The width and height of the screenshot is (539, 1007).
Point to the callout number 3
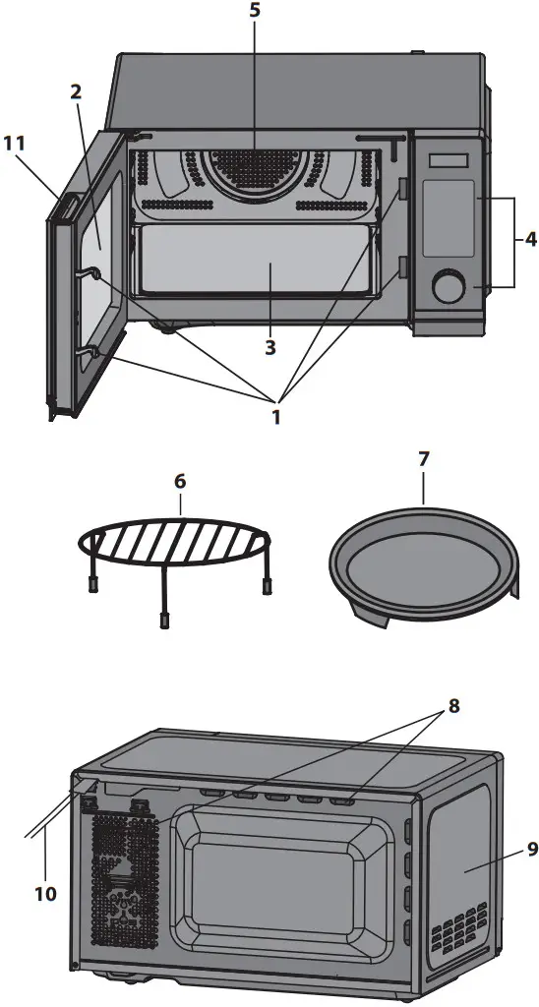269,347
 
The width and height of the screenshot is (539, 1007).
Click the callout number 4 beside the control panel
529,240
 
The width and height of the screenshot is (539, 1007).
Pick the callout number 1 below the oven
276,417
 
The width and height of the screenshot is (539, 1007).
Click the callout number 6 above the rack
180,482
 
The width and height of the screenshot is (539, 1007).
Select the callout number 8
453,705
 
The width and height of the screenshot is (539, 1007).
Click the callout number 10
44,894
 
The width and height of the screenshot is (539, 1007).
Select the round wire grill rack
177,544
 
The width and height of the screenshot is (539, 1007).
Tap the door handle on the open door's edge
66,208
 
